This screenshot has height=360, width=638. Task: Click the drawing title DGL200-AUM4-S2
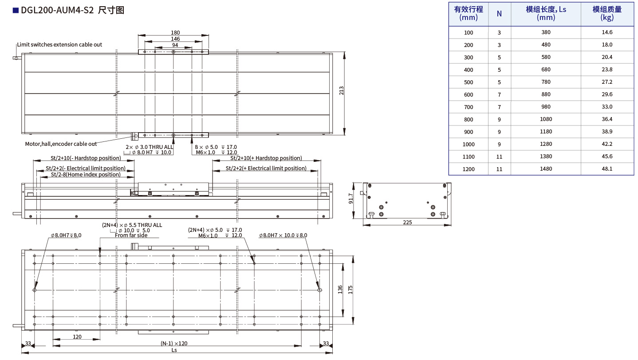[57, 10]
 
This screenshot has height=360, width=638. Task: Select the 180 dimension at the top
[175, 32]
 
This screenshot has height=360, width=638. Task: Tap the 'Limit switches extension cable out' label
[59, 44]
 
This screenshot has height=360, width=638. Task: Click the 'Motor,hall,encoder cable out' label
[61, 144]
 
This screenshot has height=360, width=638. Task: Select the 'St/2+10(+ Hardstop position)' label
[266, 158]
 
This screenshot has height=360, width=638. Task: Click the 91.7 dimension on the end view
[351, 198]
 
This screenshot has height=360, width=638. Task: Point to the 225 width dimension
[408, 222]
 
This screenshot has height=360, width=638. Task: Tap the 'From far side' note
[131, 235]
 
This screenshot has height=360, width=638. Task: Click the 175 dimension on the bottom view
[351, 290]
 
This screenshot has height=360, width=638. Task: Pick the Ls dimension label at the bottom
[174, 350]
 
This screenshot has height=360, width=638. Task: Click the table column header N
[499, 14]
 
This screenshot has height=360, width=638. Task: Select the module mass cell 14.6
[607, 32]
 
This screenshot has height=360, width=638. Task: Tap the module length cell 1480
[546, 169]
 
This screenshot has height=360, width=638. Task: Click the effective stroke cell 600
[469, 94]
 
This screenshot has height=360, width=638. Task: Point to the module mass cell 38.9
[607, 132]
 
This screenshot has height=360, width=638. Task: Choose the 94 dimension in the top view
[175, 45]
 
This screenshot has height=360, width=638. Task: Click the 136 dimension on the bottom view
[340, 290]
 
